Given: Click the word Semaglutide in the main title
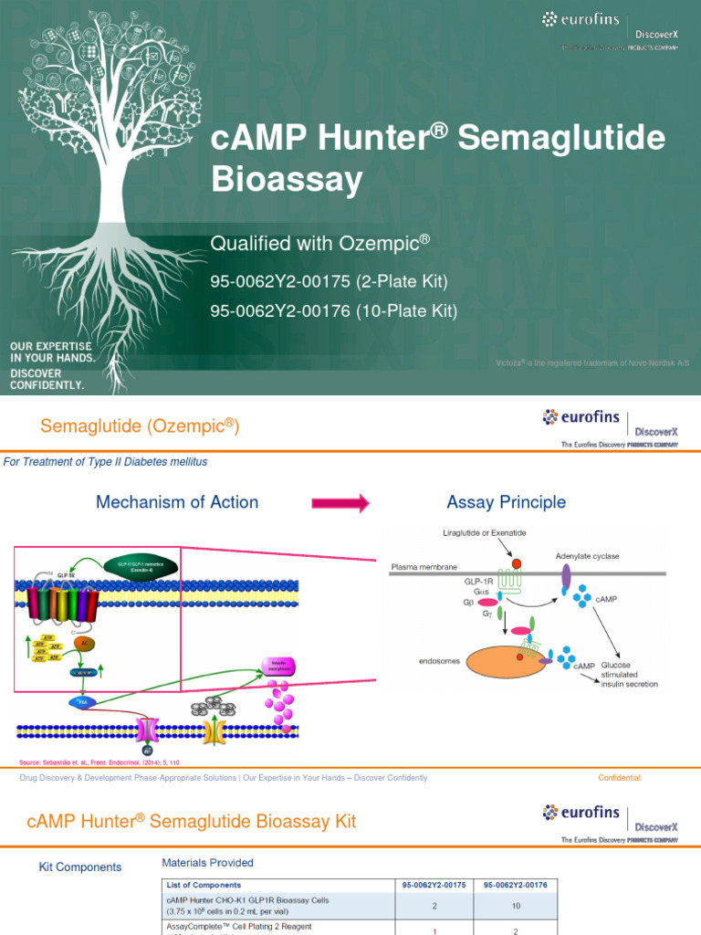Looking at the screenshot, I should pos(561,138).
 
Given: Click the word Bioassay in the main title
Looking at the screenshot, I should pos(287,180).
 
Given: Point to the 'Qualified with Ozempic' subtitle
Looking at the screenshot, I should pos(319,243).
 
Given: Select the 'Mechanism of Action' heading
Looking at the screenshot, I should pos(177,502).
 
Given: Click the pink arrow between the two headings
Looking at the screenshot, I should pos(340,503).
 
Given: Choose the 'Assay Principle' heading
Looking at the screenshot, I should pos(506,502).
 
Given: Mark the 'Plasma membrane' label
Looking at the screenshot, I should pos(424,567).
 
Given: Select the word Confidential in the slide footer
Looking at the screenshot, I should pos(619,778).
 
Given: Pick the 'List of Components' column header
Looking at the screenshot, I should pos(204,885).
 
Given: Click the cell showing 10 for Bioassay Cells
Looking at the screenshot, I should pos(518,906).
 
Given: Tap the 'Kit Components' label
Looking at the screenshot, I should pos(79,867).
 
